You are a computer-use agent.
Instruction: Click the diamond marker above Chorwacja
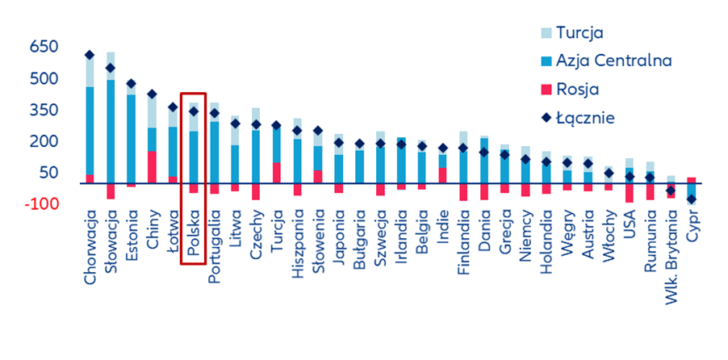90,55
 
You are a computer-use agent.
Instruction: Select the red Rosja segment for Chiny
152,167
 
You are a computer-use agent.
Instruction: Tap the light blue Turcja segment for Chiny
152,111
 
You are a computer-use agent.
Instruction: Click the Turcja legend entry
572,33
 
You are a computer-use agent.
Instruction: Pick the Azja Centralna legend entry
607,61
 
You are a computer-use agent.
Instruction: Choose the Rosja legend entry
570,89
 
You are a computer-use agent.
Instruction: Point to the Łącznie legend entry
578,118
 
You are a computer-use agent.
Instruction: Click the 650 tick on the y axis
44,47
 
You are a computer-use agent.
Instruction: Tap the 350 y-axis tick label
44,110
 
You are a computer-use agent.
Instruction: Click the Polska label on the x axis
193,233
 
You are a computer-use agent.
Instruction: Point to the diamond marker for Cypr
692,199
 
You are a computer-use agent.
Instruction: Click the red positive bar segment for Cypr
692,180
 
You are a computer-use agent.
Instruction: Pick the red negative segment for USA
629,193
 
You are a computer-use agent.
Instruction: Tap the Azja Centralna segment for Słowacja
111,132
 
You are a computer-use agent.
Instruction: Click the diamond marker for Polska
193,111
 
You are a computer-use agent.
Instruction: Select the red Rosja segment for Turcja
276,173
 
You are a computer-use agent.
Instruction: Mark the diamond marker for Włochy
609,174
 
